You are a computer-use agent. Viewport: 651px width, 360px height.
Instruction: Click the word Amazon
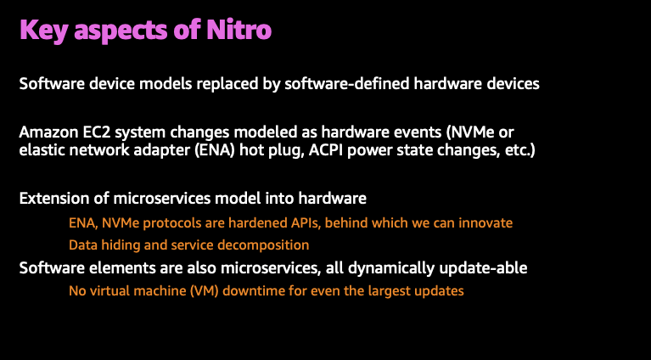(x=47, y=134)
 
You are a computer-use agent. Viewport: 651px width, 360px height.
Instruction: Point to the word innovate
(x=485, y=222)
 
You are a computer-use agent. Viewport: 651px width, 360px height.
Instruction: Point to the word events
(x=411, y=134)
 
